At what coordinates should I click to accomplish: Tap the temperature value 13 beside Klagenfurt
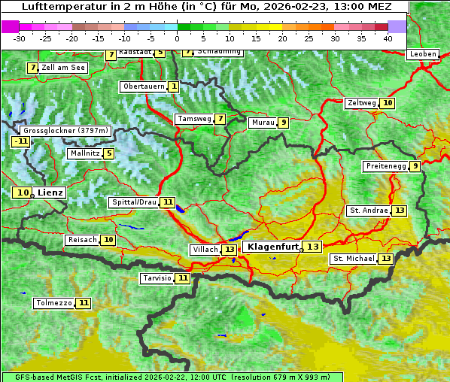pos(312,247)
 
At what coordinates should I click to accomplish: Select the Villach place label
pos(204,249)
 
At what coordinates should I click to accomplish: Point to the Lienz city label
pos(50,193)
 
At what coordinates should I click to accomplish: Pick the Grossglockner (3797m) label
pos(66,130)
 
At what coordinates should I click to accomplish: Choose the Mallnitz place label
pos(84,153)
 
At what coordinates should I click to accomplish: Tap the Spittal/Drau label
pos(133,202)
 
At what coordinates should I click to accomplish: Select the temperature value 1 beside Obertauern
pos(174,86)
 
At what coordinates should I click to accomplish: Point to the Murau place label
pos(263,123)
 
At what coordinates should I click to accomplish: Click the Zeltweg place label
pos(361,103)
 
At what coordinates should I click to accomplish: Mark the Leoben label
pos(422,54)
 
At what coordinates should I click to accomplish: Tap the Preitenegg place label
pos(386,166)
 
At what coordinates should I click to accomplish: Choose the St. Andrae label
pos(368,211)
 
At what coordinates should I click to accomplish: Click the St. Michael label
pos(354,259)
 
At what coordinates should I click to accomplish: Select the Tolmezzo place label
pos(53,303)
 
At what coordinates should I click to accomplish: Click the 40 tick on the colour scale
pos(388,38)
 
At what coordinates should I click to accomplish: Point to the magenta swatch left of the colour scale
pos(10,26)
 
